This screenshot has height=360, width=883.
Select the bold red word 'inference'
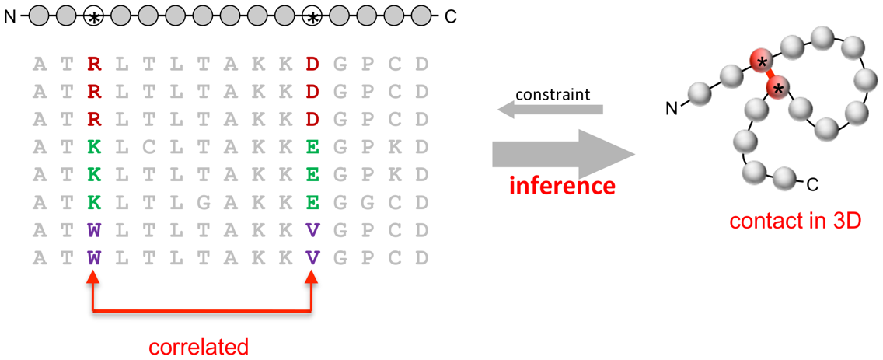pyautogui.click(x=562, y=186)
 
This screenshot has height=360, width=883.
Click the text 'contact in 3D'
pyautogui.click(x=794, y=221)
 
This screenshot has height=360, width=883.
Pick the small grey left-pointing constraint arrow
pyautogui.click(x=550, y=111)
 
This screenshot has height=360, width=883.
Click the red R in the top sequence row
pyautogui.click(x=94, y=63)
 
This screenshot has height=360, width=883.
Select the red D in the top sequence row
pyautogui.click(x=312, y=63)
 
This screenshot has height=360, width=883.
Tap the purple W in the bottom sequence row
pyautogui.click(x=94, y=257)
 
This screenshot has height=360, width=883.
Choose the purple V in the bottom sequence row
pyautogui.click(x=312, y=257)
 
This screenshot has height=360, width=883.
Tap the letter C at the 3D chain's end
pyautogui.click(x=812, y=185)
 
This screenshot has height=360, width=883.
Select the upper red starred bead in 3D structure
pyautogui.click(x=761, y=61)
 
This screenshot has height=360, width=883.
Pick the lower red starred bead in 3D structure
pyautogui.click(x=777, y=88)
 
